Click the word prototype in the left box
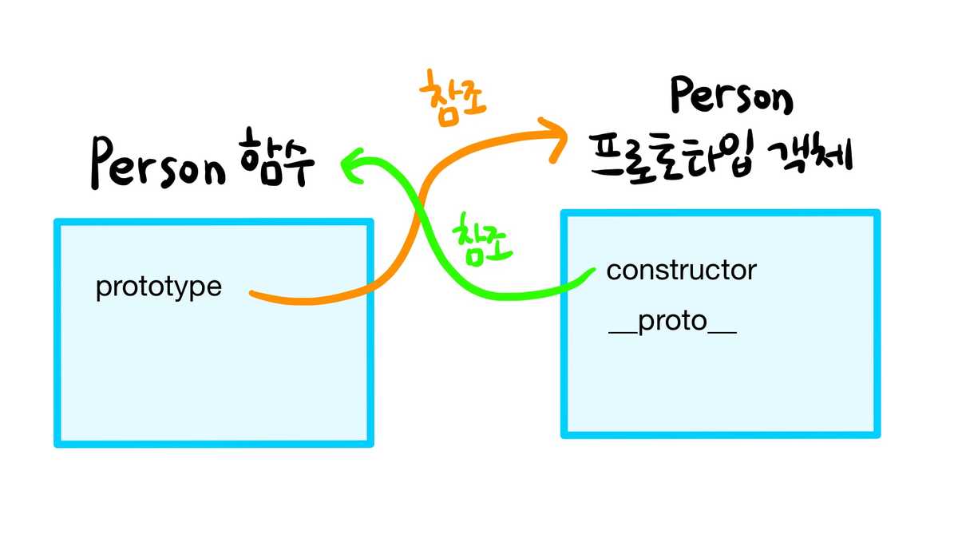pos(158,287)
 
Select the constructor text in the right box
pos(681,271)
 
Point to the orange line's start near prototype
pos(252,294)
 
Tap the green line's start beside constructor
pos(592,271)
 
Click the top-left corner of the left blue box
pos(57,223)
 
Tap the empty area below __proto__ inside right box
pos(718,383)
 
